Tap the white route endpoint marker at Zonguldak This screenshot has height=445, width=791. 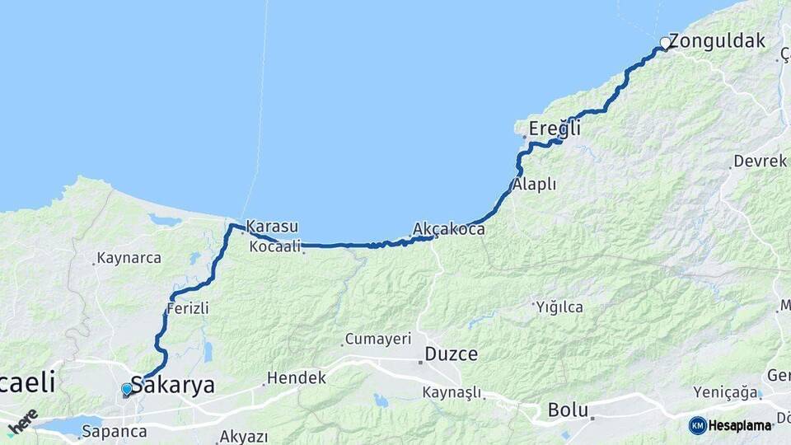(x=665, y=43)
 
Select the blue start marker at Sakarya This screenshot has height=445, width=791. (x=126, y=389)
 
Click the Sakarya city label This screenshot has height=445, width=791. (x=172, y=385)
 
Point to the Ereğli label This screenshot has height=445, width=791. (x=555, y=129)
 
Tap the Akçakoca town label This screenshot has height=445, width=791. (x=449, y=229)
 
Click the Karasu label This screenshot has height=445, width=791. (x=272, y=226)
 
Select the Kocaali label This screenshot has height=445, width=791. (x=274, y=246)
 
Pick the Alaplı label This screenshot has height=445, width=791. (x=535, y=185)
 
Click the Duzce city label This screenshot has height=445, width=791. (x=451, y=355)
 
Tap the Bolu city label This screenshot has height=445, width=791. (x=568, y=410)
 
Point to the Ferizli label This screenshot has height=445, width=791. (x=187, y=308)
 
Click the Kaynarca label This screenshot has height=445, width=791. (x=129, y=258)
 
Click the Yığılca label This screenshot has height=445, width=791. (x=559, y=307)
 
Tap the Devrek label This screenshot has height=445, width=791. (x=760, y=162)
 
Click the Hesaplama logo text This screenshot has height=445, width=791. (x=739, y=425)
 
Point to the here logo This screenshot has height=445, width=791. (x=23, y=420)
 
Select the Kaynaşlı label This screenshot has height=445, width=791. (x=452, y=392)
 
